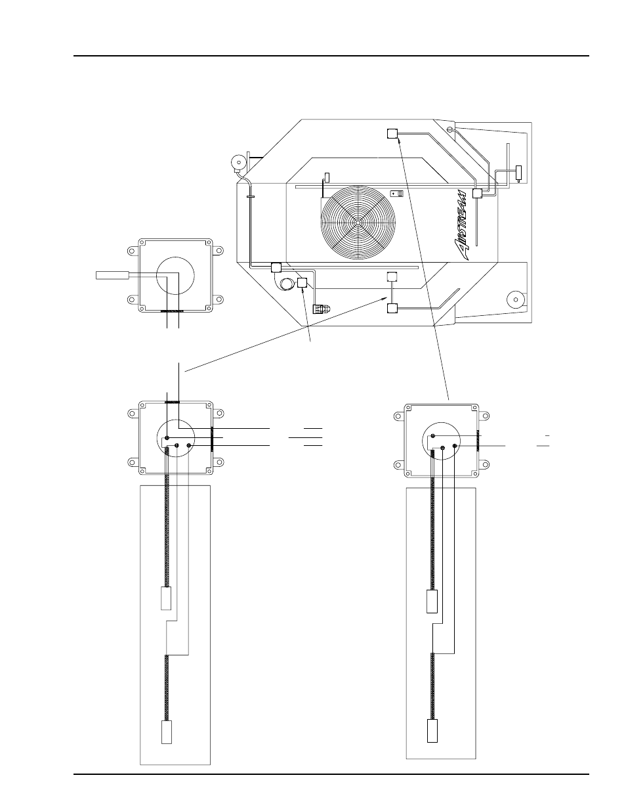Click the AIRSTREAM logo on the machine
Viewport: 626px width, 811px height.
click(461, 225)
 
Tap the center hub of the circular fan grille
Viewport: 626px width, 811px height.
click(358, 223)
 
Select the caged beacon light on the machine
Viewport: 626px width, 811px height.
click(322, 309)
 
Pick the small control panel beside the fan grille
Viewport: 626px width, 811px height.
click(397, 194)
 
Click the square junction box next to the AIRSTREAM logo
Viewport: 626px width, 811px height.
click(477, 193)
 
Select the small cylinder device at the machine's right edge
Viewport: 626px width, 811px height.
click(518, 172)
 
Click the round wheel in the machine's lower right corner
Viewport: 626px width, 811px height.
click(516, 299)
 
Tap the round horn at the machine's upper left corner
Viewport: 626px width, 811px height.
click(239, 162)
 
